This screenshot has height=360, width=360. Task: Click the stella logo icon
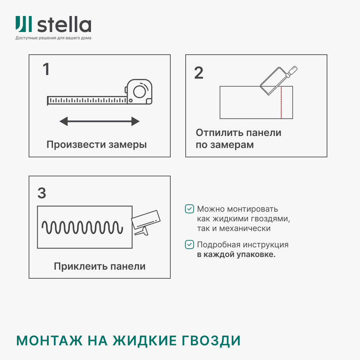[x=24, y=24]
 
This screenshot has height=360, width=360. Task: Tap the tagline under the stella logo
[x=53, y=38]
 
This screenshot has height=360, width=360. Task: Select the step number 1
[x=46, y=70]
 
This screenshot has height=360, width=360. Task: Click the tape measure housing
[x=139, y=91]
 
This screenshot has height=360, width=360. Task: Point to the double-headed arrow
[x=99, y=121]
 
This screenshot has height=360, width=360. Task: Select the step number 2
[x=199, y=73]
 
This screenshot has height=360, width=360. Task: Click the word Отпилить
[x=219, y=133]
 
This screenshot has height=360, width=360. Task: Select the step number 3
[x=42, y=193]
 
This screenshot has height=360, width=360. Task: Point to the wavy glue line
[x=82, y=228]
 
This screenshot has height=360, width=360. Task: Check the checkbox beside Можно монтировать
[x=189, y=209]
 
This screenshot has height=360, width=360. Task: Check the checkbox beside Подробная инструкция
[x=189, y=245]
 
